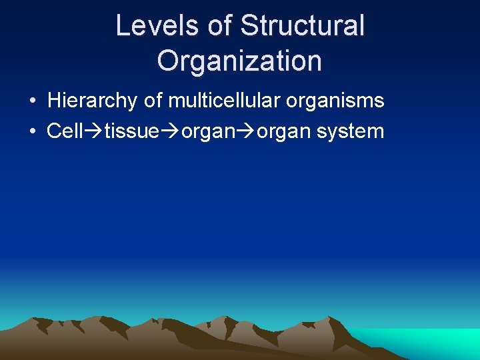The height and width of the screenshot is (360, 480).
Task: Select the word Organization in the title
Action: pyautogui.click(x=239, y=61)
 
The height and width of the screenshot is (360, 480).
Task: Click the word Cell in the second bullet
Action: pyautogui.click(x=64, y=131)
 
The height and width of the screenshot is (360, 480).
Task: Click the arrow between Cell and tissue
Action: pyautogui.click(x=93, y=131)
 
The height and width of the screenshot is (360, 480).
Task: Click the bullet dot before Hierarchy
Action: pyautogui.click(x=32, y=102)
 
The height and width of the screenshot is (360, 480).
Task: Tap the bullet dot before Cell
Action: pyautogui.click(x=32, y=132)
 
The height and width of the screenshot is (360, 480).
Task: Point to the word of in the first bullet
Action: pyautogui.click(x=153, y=101)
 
